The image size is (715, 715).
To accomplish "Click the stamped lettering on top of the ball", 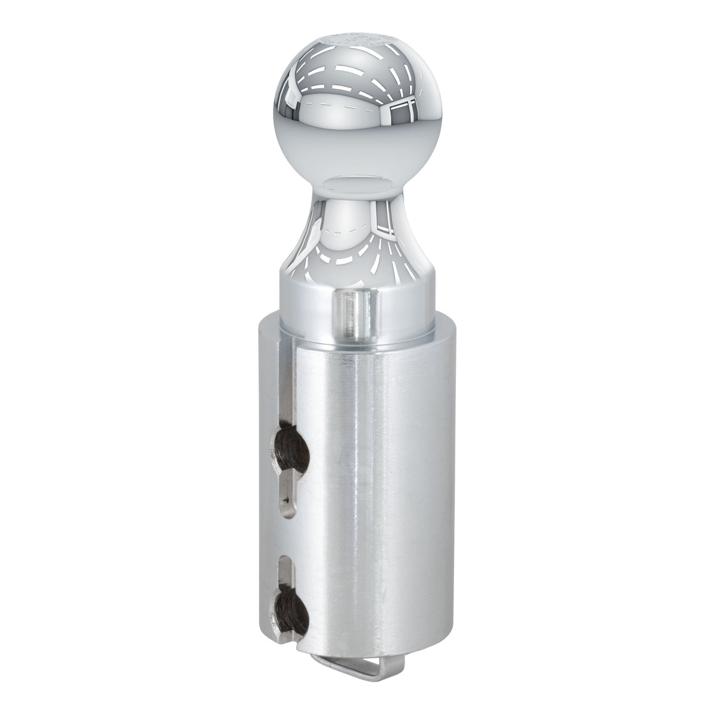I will [x=357, y=42].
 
